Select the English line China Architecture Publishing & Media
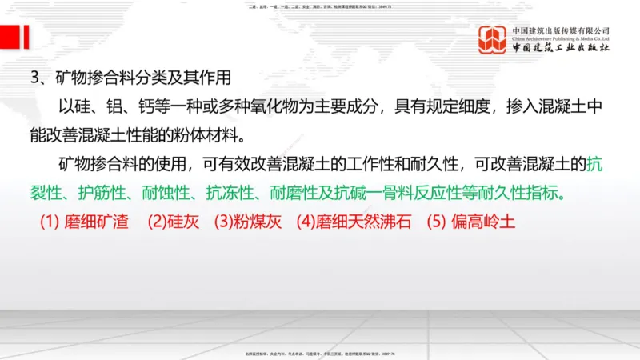coord(561,38)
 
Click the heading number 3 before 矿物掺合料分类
coord(34,78)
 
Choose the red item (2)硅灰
coord(172,222)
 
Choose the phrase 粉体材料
coord(211,132)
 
